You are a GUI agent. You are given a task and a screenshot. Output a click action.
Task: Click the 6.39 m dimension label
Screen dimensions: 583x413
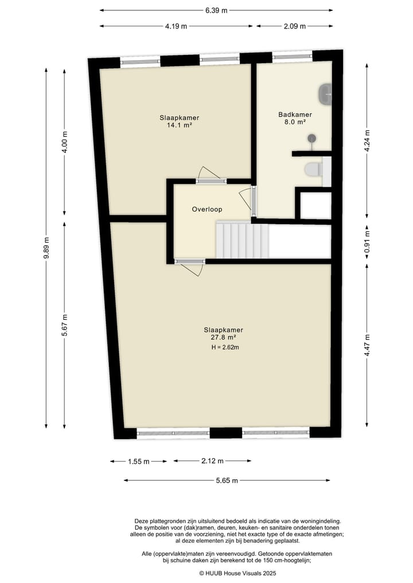point(216,10)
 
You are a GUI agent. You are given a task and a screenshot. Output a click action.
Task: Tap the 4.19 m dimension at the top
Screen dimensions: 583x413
point(176,26)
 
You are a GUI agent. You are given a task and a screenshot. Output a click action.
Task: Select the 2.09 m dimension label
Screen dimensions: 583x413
point(294,26)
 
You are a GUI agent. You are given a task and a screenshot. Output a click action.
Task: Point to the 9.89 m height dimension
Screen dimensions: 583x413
point(46,247)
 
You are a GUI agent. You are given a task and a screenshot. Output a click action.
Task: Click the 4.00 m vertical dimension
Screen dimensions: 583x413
point(65,142)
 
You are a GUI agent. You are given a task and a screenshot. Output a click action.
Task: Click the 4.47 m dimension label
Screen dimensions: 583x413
point(368,345)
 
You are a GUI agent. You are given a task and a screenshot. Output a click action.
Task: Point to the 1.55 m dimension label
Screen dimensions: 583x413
point(138,461)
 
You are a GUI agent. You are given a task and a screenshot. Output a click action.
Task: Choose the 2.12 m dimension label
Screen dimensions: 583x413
point(212,461)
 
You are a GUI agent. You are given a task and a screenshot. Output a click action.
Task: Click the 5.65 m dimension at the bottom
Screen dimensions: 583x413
point(226,480)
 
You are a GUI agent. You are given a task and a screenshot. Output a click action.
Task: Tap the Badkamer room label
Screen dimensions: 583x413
point(291,115)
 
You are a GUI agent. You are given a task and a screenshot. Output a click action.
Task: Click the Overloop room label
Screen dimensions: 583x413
point(206,210)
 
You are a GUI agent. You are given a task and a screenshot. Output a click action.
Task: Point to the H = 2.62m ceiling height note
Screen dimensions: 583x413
point(225,347)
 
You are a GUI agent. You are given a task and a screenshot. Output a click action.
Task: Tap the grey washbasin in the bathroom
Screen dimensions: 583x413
point(326,93)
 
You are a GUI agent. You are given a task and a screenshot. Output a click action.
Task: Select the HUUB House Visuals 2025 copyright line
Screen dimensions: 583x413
point(237,573)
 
